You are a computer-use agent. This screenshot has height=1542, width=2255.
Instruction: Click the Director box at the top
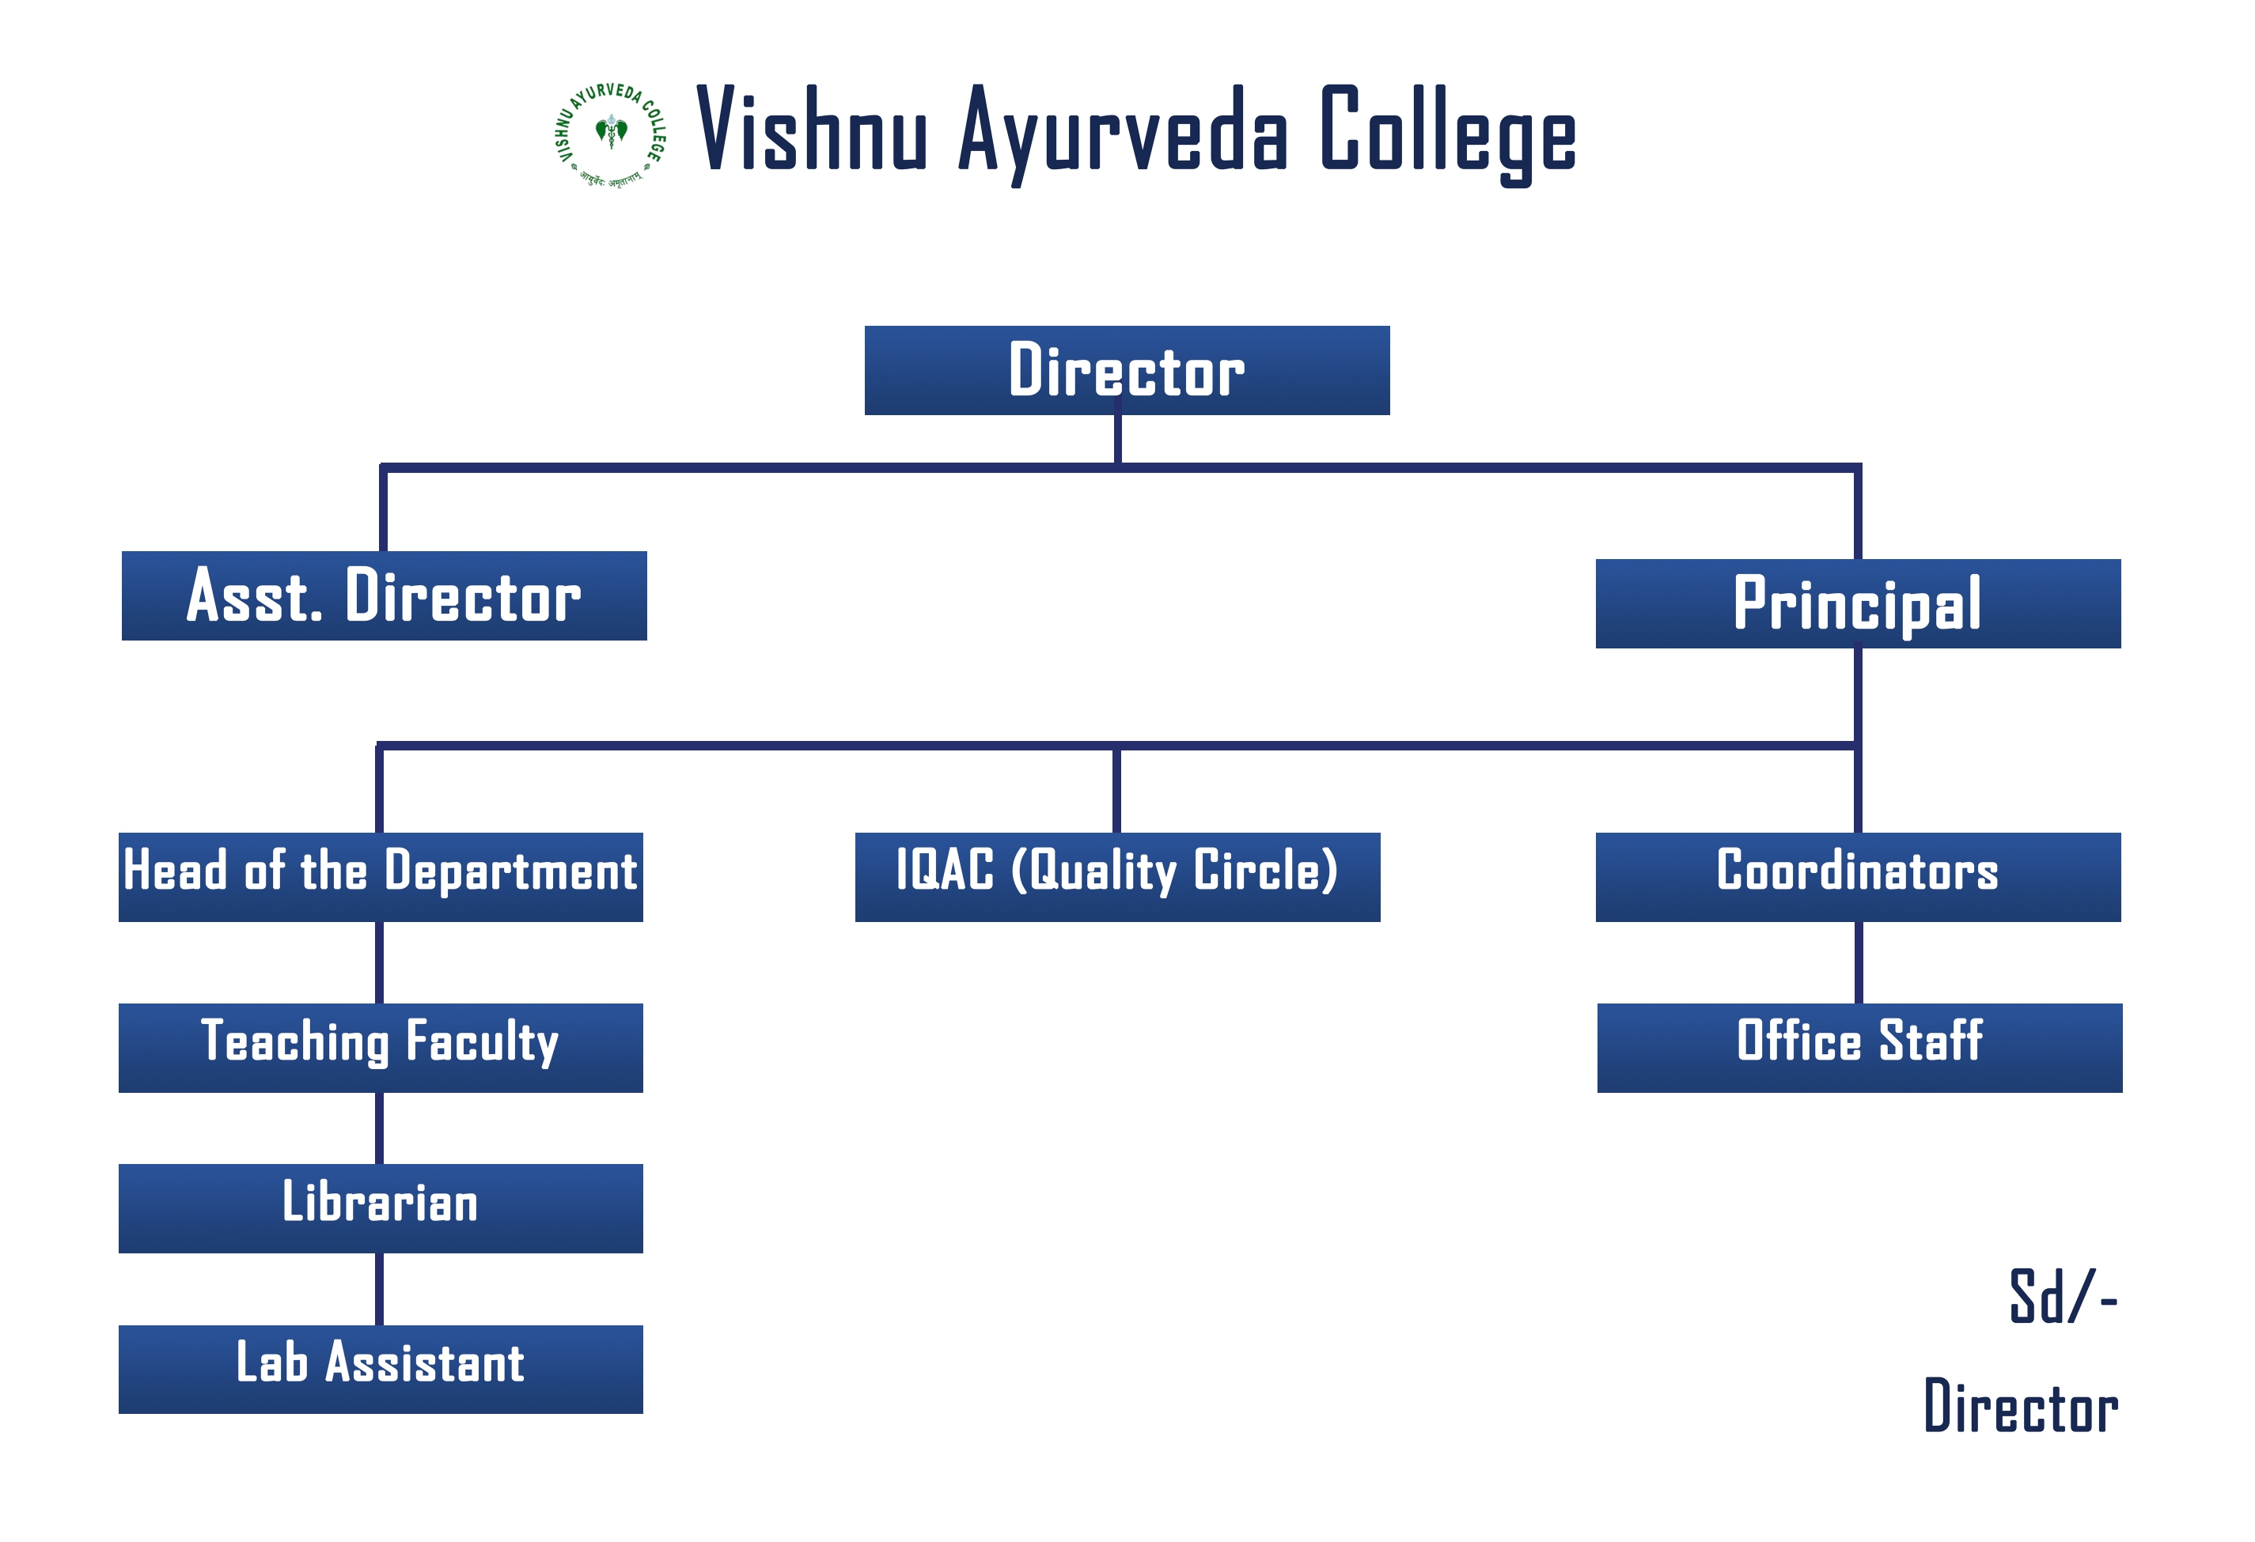coord(1127,370)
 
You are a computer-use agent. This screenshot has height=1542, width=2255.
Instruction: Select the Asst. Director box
coord(385,595)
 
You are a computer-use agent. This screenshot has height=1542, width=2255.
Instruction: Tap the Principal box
coord(1857,603)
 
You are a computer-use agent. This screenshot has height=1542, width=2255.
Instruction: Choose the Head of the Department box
coord(381,877)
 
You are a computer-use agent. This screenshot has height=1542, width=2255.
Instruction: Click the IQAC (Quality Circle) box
coord(1117,877)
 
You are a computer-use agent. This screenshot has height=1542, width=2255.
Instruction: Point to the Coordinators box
coord(1857,877)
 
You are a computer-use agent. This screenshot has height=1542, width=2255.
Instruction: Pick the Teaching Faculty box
coord(381,1048)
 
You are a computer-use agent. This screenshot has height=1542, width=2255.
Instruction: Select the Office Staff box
coord(1859,1048)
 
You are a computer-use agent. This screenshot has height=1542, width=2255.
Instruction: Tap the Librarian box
coord(381,1208)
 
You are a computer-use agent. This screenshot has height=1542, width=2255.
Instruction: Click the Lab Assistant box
coord(381,1368)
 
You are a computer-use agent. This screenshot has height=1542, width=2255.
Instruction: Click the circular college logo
coord(610,134)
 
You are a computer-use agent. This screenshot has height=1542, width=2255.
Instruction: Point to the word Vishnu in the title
coord(811,131)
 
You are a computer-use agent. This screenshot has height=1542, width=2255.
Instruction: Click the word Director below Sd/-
coord(2021,1406)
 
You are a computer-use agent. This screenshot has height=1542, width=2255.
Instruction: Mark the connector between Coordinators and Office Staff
coord(1858,962)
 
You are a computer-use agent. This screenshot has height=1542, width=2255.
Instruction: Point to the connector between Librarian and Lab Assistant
coord(379,1289)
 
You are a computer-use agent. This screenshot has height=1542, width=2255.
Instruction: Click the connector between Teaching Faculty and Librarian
coord(379,1128)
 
